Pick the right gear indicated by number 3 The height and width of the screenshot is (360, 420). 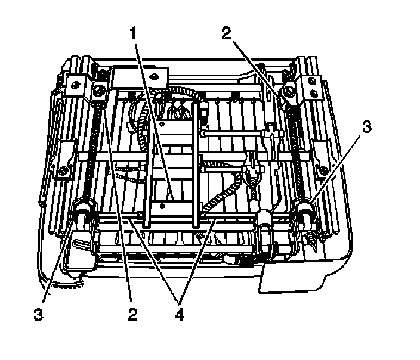(x=304, y=208)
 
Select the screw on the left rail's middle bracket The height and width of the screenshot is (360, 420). (x=62, y=173)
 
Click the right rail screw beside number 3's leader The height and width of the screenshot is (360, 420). (x=323, y=172)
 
